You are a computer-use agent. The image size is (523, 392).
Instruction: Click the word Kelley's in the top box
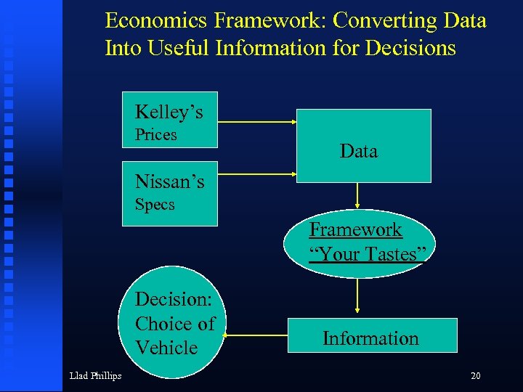click(x=169, y=113)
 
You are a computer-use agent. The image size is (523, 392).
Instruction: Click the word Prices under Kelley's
click(x=156, y=135)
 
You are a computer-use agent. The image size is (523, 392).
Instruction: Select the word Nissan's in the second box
click(x=169, y=181)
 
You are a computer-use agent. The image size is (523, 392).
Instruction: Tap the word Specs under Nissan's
click(x=155, y=205)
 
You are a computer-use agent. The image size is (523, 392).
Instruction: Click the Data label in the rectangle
click(x=359, y=151)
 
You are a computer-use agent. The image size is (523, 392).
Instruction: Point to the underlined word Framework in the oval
click(x=355, y=229)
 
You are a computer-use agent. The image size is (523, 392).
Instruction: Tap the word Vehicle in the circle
click(x=166, y=348)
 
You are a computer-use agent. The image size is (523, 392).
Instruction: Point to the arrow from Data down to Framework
click(x=357, y=195)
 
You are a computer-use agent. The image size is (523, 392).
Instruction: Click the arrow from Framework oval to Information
click(x=357, y=298)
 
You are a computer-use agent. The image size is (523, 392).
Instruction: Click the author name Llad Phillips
click(x=95, y=375)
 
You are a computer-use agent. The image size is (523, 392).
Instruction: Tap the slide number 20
click(x=476, y=375)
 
